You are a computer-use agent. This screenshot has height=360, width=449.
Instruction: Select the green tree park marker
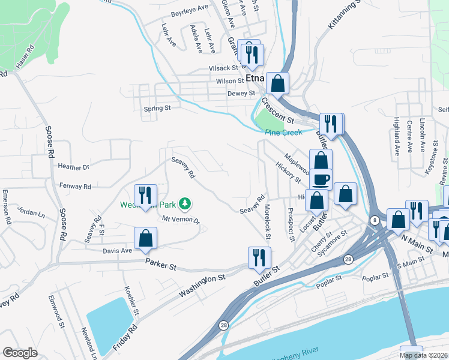coord(186,204)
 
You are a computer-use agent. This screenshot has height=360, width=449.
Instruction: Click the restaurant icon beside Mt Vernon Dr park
coord(145,194)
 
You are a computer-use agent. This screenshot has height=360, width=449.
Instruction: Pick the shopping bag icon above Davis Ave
coord(145,238)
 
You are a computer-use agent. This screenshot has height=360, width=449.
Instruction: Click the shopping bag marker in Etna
coord(278,83)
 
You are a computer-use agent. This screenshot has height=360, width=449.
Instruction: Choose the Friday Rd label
coord(125,337)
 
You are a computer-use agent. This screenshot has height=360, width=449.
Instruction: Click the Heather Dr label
coord(73,166)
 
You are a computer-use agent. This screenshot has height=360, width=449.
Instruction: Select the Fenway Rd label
coord(74,187)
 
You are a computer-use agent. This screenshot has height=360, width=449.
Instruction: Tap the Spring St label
coord(157,109)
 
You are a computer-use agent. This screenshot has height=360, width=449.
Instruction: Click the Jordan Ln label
coord(31,214)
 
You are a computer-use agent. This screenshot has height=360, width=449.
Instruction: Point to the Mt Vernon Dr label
coord(180,220)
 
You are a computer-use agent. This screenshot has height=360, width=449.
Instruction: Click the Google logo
coord(20,353)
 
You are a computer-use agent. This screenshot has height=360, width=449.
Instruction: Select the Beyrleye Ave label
coord(189,7)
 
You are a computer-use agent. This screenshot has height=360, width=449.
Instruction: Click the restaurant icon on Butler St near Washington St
coord(258,256)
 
